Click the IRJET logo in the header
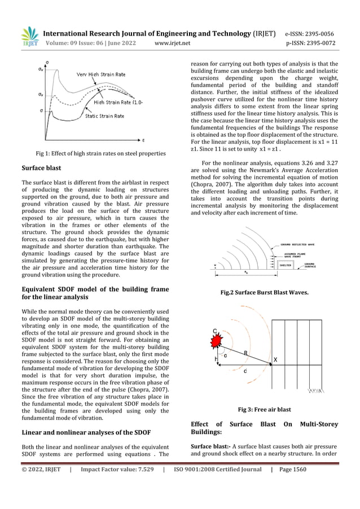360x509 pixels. point(30,36)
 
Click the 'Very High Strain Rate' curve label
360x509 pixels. point(102,74)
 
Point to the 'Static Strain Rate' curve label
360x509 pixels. point(105,116)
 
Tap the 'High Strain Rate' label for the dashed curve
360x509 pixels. point(112,102)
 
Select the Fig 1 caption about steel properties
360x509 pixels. point(100,153)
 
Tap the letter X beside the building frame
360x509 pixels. point(275,359)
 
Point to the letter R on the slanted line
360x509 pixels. point(246,353)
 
